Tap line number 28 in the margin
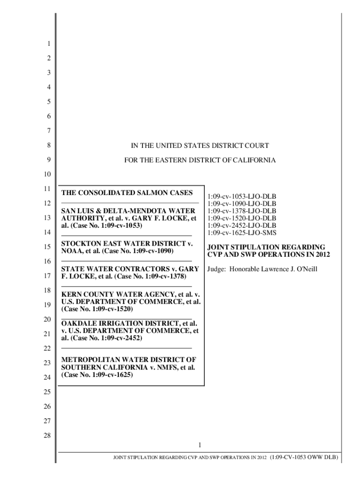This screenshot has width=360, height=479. click(x=47, y=435)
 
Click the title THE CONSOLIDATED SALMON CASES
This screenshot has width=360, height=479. click(x=123, y=193)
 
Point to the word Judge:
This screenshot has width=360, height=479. click(x=217, y=269)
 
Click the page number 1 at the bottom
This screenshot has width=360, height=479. click(x=200, y=444)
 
